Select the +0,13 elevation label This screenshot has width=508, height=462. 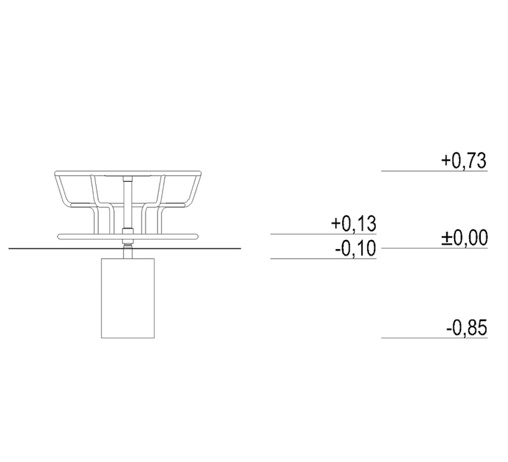coord(354,224)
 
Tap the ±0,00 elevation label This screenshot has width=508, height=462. coord(464,238)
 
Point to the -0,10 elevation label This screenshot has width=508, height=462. coord(356,248)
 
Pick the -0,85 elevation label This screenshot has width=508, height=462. coord(467,328)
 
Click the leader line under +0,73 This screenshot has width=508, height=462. coord(434,171)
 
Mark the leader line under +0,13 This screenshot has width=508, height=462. coord(323,234)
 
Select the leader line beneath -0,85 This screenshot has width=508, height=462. coord(434,338)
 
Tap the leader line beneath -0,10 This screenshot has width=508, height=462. coord(323,259)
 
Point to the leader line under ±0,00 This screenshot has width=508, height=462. coord(434,248)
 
